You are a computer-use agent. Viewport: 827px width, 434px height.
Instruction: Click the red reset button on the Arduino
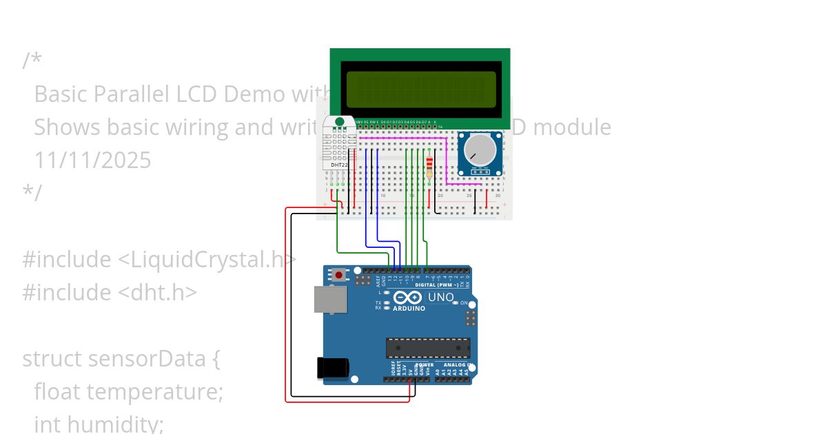click(x=338, y=275)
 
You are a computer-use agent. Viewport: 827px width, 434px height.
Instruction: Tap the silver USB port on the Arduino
click(x=330, y=300)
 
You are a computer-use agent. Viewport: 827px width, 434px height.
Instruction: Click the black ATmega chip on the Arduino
click(x=428, y=349)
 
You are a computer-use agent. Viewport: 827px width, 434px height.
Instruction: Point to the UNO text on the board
click(x=441, y=298)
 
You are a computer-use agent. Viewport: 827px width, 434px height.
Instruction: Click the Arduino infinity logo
click(x=407, y=298)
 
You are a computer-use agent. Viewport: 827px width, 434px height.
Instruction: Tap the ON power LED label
click(x=464, y=303)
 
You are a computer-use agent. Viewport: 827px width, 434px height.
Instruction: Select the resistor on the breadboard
click(x=430, y=167)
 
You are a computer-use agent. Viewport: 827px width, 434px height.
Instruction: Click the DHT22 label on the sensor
click(x=339, y=165)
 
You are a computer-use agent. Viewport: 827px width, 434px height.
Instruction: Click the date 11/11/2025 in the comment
click(x=92, y=161)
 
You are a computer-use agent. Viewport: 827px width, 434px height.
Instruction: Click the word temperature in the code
click(x=154, y=392)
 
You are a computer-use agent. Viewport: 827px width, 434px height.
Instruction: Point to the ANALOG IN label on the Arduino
click(x=456, y=365)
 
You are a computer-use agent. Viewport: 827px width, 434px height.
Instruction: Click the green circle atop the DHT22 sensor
click(x=339, y=122)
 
